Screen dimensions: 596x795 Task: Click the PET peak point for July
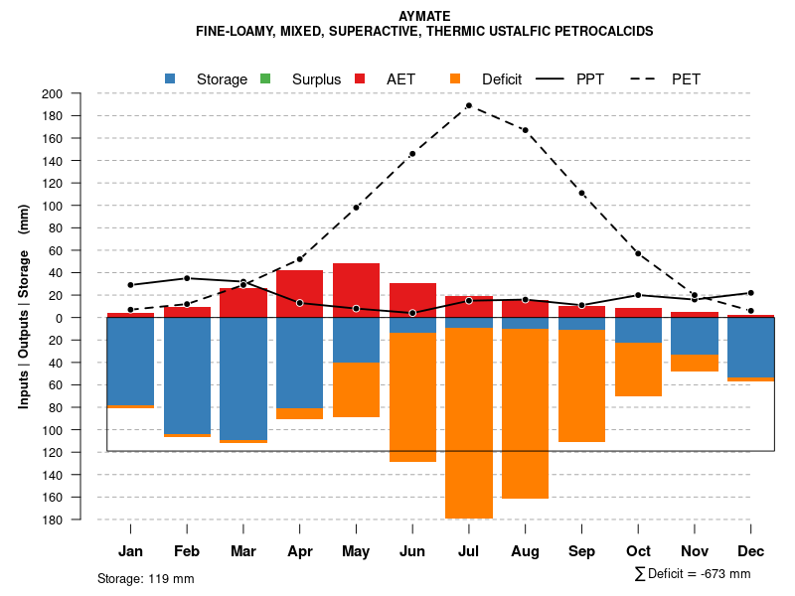point(468,105)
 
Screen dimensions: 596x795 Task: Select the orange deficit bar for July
point(468,422)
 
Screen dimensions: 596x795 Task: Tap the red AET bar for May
point(356,290)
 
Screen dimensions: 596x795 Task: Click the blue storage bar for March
point(243,378)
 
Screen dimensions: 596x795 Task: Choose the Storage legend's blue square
point(171,78)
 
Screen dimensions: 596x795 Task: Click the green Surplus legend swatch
point(265,78)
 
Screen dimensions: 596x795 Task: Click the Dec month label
point(750,551)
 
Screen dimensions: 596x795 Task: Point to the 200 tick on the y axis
point(79,94)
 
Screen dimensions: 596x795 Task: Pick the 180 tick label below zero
point(79,520)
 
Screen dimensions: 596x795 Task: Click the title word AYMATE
point(424,16)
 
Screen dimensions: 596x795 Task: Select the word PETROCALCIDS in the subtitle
point(609,32)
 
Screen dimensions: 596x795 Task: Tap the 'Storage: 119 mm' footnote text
point(146,578)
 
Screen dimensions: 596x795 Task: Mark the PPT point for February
point(187,278)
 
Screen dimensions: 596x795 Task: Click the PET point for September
point(581,193)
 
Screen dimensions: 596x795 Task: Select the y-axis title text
point(23,306)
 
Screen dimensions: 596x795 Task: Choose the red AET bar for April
point(299,293)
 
